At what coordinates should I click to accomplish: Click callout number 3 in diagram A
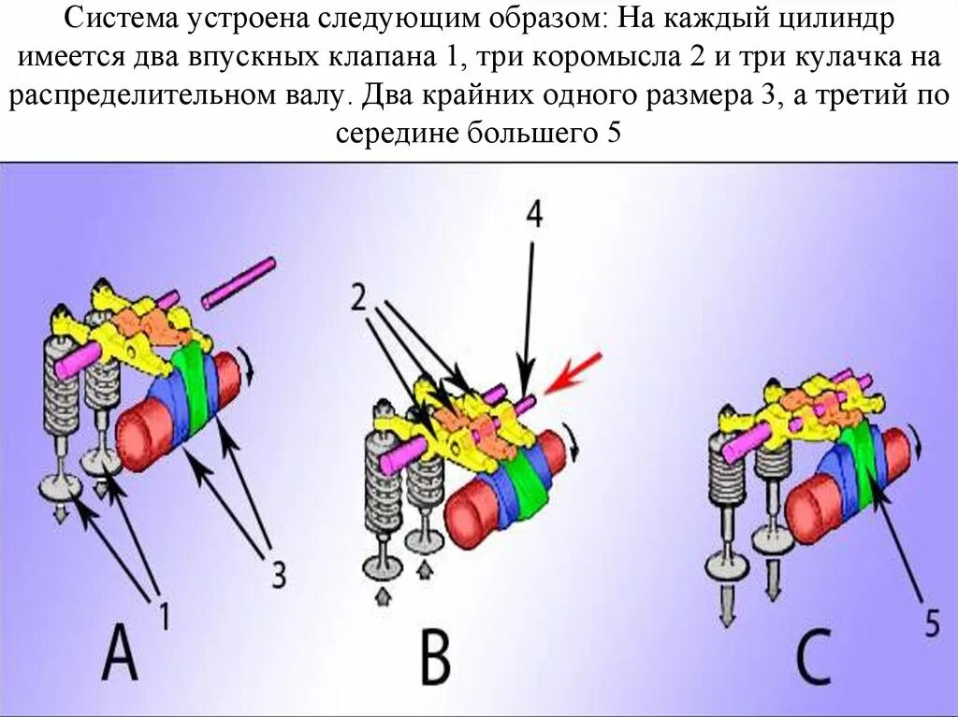(278, 573)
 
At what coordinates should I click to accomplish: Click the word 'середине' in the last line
(392, 133)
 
